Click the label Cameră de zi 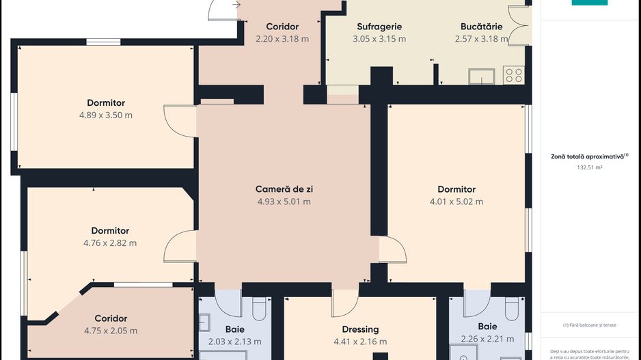pos(284,189)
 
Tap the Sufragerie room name pos(379,27)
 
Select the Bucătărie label pos(482,27)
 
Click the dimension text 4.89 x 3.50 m pos(106,115)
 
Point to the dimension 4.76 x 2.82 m pos(110,243)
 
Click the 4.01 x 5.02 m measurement pos(456,202)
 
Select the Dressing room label pos(361,329)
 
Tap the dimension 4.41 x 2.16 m pos(360,342)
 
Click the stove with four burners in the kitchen pos(514,75)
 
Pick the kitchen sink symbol pos(482,77)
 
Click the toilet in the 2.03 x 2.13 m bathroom pos(259,309)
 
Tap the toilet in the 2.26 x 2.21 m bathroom pos(512,309)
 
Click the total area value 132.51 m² pos(590,167)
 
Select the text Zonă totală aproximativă pos(588,156)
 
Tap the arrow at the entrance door pos(236,5)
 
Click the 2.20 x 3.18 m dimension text pos(282,39)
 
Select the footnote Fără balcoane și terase pos(590,325)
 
